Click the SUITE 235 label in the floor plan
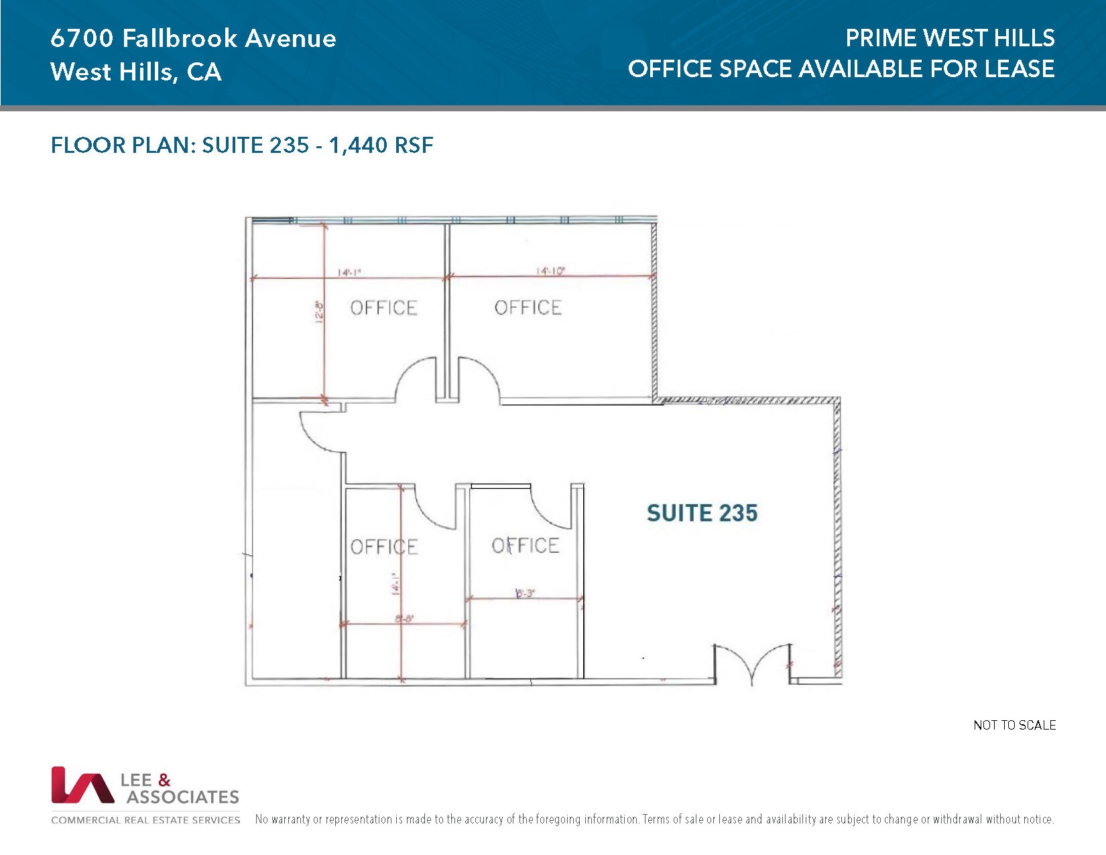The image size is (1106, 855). coord(702,513)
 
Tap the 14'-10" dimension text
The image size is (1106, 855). coord(550,271)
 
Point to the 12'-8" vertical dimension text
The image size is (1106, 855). coord(319,312)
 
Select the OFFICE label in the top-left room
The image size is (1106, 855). coord(383,308)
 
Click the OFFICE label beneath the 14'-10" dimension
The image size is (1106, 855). coord(528,308)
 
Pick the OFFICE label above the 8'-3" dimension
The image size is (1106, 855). coord(525,546)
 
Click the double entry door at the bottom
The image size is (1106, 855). coord(752,664)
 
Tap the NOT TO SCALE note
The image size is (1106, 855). coord(1014,725)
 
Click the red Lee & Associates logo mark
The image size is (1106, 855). coord(82,785)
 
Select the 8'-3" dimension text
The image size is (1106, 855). coord(525,593)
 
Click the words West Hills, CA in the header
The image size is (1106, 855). coord(135,72)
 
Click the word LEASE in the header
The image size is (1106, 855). coord(1019,68)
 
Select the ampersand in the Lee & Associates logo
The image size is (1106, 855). coord(164,780)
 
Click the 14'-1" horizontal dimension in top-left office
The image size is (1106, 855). coord(349,272)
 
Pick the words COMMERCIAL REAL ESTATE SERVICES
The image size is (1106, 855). coord(145,819)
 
